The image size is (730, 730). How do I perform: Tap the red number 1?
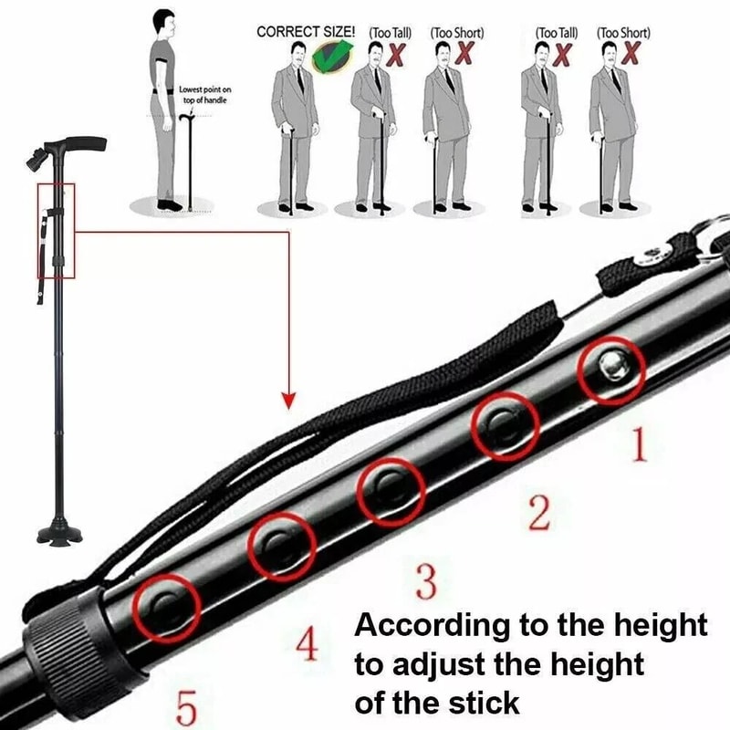click(x=638, y=445)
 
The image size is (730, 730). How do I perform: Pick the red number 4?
click(x=308, y=645)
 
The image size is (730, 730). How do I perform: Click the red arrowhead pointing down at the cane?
click(x=289, y=400)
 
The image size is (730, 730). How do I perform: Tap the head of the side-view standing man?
click(x=163, y=22)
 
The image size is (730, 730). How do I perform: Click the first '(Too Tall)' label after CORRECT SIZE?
click(x=390, y=33)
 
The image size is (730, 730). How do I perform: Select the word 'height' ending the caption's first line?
click(x=660, y=626)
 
